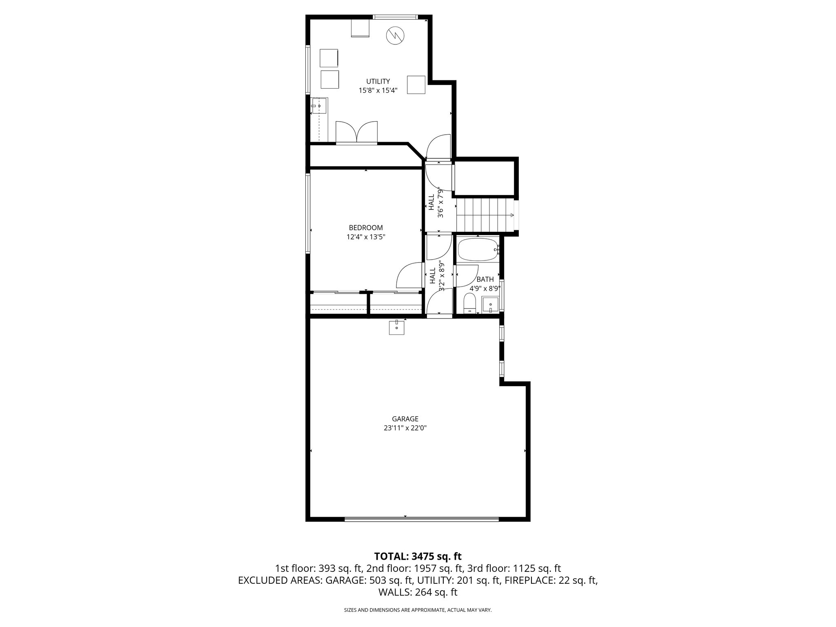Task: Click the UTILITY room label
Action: (x=378, y=81)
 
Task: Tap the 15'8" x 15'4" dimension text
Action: (x=378, y=91)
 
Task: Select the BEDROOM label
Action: (x=366, y=228)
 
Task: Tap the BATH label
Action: (x=485, y=280)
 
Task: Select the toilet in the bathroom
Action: (x=470, y=304)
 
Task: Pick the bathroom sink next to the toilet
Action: (x=490, y=305)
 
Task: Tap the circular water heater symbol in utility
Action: (x=396, y=36)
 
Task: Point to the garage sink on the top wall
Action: (x=396, y=327)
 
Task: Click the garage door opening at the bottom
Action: (x=421, y=519)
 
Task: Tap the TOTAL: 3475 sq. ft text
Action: (x=418, y=556)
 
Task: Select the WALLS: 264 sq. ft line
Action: (x=418, y=592)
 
